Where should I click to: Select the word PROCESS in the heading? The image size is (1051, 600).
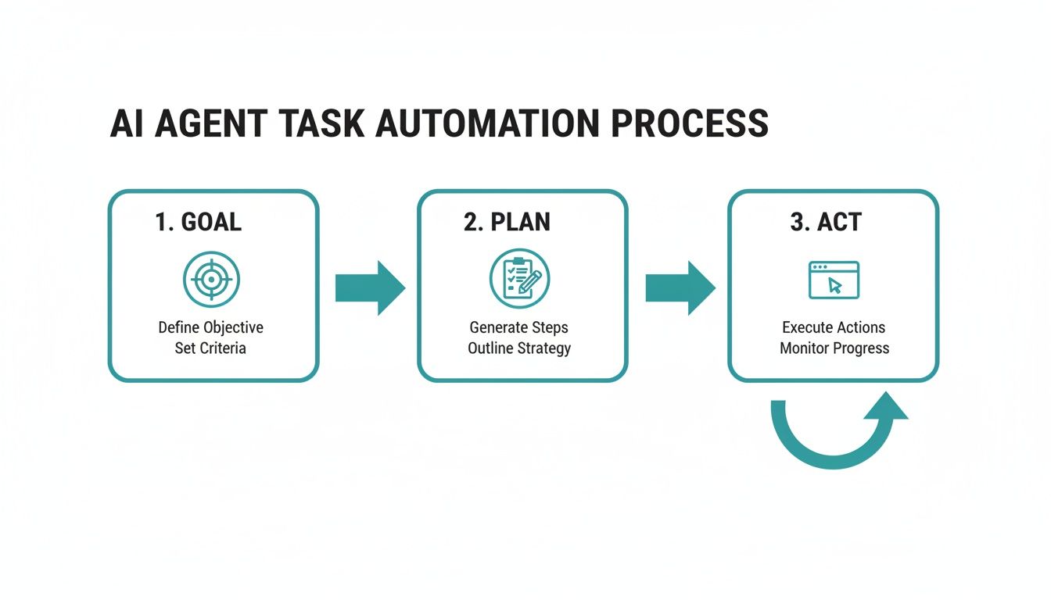point(689,124)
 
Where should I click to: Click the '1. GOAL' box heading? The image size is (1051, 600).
point(198,222)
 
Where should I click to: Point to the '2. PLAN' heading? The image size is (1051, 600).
point(507,222)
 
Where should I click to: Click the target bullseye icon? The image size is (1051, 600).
point(211,280)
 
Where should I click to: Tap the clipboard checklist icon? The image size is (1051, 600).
point(519,279)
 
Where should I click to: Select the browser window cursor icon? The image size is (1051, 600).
point(834,280)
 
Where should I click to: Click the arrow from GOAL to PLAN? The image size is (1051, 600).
point(370,288)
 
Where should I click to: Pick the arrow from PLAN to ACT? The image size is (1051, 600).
point(680,288)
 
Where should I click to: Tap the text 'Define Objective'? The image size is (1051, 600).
point(210,327)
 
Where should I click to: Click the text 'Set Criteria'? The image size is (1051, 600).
point(210,348)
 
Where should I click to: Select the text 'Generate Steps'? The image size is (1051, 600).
point(519,327)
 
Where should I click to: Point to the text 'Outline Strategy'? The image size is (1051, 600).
point(519,348)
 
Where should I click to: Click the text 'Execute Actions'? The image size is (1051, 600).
point(834,327)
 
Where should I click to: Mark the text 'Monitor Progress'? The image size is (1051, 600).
point(834,348)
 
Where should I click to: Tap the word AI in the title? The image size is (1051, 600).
point(126,124)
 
